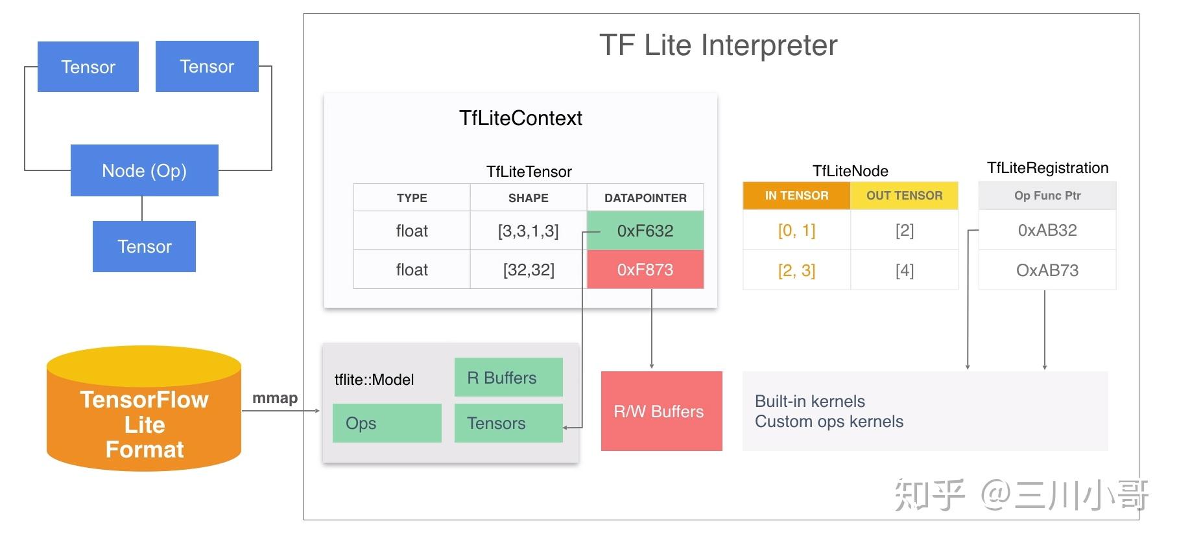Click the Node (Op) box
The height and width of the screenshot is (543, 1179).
(144, 170)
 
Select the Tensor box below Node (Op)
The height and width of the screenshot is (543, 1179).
(144, 246)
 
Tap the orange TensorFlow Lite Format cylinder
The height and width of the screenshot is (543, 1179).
(144, 409)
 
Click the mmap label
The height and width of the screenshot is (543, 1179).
(275, 398)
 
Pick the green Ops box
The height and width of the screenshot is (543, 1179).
(387, 423)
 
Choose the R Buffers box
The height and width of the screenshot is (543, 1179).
(508, 377)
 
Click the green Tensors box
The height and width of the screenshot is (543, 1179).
(508, 423)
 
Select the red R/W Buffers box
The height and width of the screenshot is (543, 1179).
(661, 411)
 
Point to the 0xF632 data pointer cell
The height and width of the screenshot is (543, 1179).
(645, 231)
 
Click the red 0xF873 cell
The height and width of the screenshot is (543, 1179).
(645, 270)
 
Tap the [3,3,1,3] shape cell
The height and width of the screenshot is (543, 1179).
(529, 231)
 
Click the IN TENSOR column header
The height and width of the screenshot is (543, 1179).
(796, 196)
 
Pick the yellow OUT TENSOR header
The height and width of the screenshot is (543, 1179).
(904, 196)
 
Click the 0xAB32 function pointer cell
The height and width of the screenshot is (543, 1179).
(1047, 230)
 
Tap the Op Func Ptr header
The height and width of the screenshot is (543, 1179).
(1047, 196)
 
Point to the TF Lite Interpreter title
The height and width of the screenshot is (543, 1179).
(719, 45)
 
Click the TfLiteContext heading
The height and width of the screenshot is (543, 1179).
(521, 118)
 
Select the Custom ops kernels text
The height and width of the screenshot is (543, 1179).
(829, 422)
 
